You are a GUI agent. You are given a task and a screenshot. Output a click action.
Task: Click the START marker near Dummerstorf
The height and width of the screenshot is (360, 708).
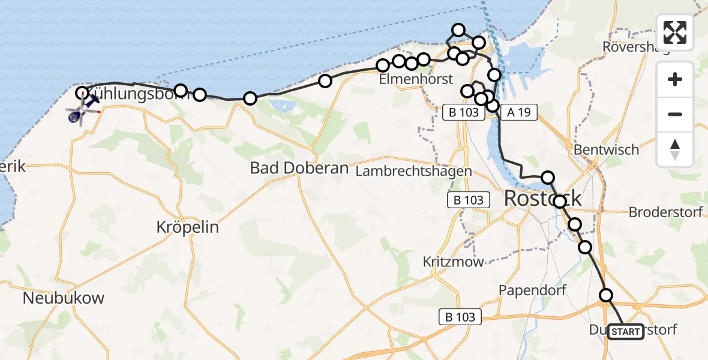(626, 331)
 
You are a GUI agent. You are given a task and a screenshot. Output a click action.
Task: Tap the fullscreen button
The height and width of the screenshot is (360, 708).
(675, 32)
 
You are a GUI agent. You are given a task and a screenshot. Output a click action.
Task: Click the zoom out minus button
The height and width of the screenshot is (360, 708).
(675, 114)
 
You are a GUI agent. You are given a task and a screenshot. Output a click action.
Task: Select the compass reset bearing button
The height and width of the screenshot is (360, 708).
(675, 149)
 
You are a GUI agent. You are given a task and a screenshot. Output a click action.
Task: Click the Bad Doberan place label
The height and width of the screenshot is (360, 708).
(299, 169)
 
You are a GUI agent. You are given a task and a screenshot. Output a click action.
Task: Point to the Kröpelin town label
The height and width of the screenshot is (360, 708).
(187, 227)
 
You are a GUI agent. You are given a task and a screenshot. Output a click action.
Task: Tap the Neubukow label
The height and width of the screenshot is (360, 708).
(64, 298)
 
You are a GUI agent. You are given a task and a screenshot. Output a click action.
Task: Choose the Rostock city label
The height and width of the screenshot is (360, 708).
(544, 197)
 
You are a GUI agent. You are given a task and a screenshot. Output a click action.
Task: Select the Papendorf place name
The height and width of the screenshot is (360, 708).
(533, 290)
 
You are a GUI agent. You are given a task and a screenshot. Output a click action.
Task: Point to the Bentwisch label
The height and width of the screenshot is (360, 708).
(607, 149)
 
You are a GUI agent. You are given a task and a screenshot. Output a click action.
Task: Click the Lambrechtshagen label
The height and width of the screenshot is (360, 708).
(413, 172)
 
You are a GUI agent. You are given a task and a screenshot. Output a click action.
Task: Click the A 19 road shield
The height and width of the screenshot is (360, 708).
(518, 112)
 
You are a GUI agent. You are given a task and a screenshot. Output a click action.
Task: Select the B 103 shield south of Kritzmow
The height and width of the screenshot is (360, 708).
(461, 317)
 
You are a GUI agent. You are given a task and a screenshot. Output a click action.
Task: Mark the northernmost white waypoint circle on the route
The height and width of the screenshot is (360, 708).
(458, 30)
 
